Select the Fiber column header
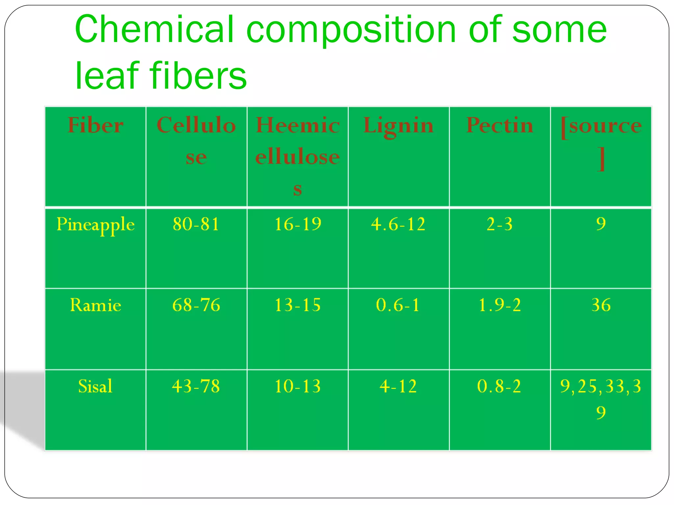(x=95, y=125)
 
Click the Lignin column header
(x=399, y=126)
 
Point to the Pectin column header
(x=500, y=125)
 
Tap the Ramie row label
(x=95, y=305)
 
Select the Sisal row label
(x=95, y=386)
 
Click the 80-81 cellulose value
(x=196, y=224)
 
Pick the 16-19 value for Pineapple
(x=298, y=224)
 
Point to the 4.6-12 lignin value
(x=398, y=224)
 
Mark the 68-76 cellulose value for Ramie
(x=196, y=305)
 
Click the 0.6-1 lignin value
(x=398, y=305)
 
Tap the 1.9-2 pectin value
(x=500, y=305)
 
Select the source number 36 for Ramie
(x=601, y=305)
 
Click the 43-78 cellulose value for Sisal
(x=196, y=386)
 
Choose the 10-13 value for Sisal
(x=298, y=386)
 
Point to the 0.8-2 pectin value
(x=499, y=386)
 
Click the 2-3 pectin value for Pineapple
(x=500, y=224)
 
